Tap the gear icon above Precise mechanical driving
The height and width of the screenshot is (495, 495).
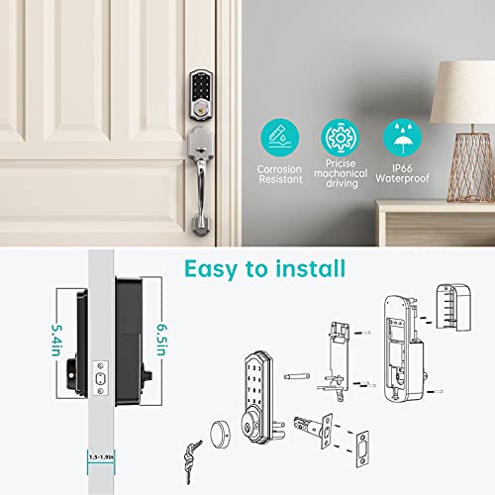(x=339, y=137)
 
